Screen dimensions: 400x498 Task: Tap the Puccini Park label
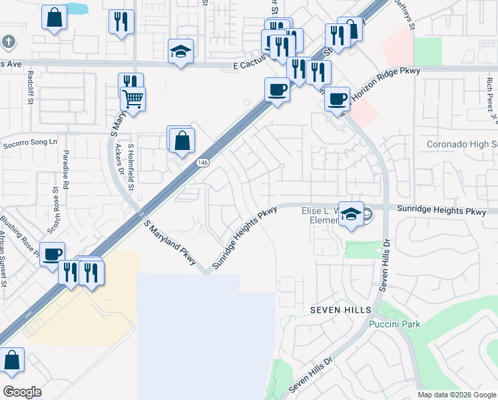click(393, 325)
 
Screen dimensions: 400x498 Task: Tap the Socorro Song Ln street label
click(29, 143)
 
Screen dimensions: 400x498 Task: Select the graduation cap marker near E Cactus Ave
click(180, 51)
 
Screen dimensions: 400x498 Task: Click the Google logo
click(22, 392)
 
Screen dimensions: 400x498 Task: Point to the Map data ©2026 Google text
click(456, 395)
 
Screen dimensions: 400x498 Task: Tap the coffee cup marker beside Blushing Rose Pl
click(53, 253)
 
